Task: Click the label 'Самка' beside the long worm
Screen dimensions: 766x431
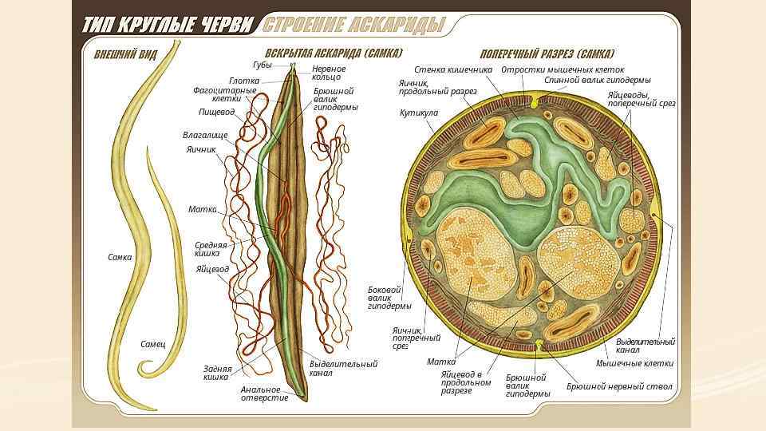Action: coord(120,257)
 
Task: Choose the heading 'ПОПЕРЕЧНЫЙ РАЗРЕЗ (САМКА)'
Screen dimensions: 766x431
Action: coord(547,54)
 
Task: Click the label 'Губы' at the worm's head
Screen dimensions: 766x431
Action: coord(263,65)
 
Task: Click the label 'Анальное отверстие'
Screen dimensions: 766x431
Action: coord(265,393)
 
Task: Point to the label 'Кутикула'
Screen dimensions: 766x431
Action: coord(419,113)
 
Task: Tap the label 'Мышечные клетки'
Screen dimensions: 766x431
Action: coord(635,362)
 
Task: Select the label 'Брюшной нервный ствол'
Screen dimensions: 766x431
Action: coord(620,386)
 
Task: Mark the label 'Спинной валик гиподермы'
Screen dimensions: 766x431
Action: coord(598,80)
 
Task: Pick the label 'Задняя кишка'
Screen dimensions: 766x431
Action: coord(217,373)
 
